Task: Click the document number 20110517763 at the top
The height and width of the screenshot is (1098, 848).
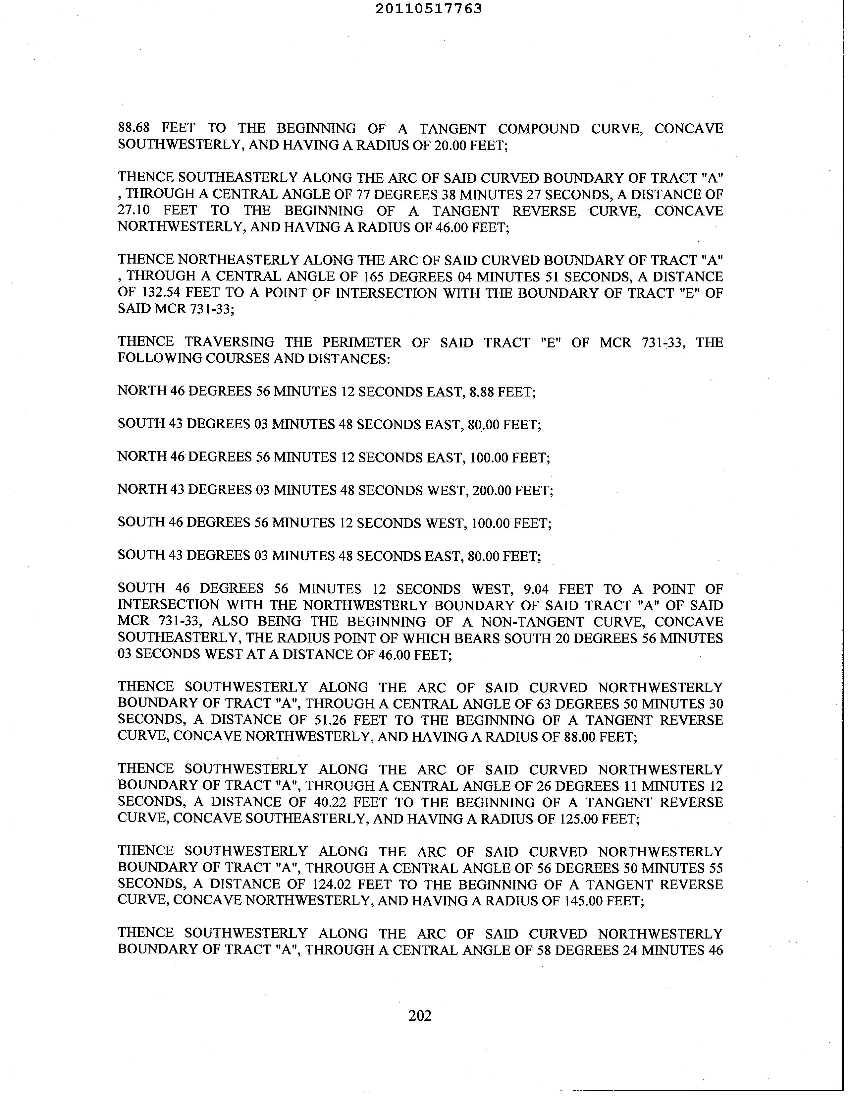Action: (429, 9)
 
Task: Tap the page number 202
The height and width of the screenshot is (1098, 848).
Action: (420, 1015)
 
